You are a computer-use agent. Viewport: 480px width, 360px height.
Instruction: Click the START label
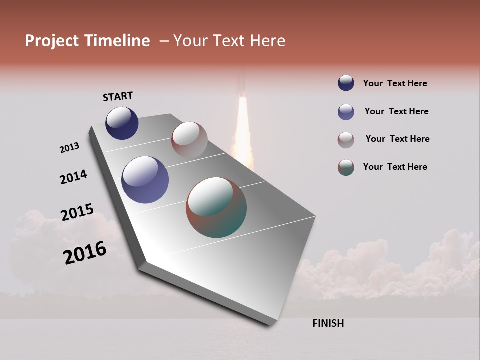[118, 96]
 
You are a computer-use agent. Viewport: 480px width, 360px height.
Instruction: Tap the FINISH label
[328, 323]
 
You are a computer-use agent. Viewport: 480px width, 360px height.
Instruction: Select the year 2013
[69, 148]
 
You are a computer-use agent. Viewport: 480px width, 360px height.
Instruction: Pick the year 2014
[73, 177]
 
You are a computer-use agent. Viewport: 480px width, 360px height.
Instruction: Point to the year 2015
[77, 212]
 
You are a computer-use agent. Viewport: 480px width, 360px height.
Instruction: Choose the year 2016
[85, 253]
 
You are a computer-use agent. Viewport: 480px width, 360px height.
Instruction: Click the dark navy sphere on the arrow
[122, 123]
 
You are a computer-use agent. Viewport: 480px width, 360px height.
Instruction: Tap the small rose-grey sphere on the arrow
[189, 140]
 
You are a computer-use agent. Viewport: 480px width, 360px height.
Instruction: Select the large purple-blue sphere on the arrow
[145, 180]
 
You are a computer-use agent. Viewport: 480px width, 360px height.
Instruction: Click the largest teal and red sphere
[216, 207]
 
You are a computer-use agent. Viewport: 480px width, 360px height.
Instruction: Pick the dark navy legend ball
[346, 83]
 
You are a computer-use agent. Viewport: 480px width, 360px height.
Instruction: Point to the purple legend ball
[346, 112]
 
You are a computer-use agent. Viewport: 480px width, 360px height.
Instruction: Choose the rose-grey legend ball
[346, 140]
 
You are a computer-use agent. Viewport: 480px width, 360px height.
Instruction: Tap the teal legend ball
[346, 167]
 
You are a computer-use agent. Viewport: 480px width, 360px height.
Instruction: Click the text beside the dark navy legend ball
[395, 83]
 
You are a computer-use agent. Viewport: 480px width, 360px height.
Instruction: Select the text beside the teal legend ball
[395, 167]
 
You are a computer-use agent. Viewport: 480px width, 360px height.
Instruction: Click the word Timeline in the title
[117, 41]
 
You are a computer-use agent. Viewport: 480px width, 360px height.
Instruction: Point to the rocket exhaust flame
[243, 130]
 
